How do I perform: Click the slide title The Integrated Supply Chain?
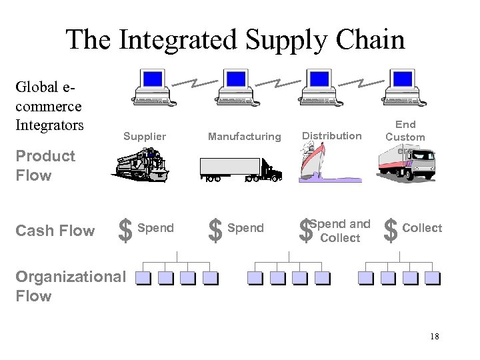click(x=235, y=40)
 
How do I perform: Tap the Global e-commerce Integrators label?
click(x=49, y=107)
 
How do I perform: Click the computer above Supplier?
click(x=153, y=87)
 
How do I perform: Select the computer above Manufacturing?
click(x=236, y=87)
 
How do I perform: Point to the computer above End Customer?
click(x=404, y=87)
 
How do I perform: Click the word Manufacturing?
click(x=245, y=137)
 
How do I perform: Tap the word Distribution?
click(x=332, y=136)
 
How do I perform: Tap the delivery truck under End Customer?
click(x=407, y=163)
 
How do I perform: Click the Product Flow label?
click(x=45, y=165)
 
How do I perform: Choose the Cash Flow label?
click(x=55, y=231)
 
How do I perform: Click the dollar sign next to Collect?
click(x=391, y=231)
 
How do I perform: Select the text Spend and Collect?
click(x=340, y=231)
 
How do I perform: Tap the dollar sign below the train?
click(x=124, y=231)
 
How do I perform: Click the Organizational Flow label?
click(x=70, y=286)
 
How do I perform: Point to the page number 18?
click(x=435, y=337)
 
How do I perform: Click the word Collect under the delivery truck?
click(x=422, y=228)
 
